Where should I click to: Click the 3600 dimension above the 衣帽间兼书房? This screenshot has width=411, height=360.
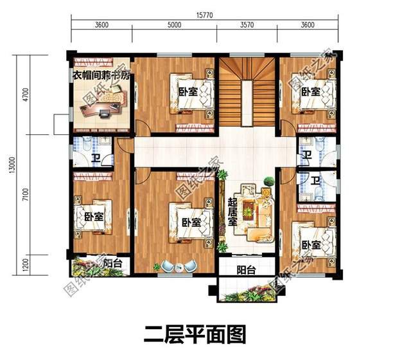[x=101, y=26]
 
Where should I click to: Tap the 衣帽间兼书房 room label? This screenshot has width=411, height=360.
[x=101, y=75]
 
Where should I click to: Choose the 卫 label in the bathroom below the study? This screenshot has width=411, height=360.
[x=95, y=159]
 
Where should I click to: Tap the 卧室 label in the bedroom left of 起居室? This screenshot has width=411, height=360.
[x=191, y=222]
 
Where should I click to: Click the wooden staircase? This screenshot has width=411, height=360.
[x=247, y=96]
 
